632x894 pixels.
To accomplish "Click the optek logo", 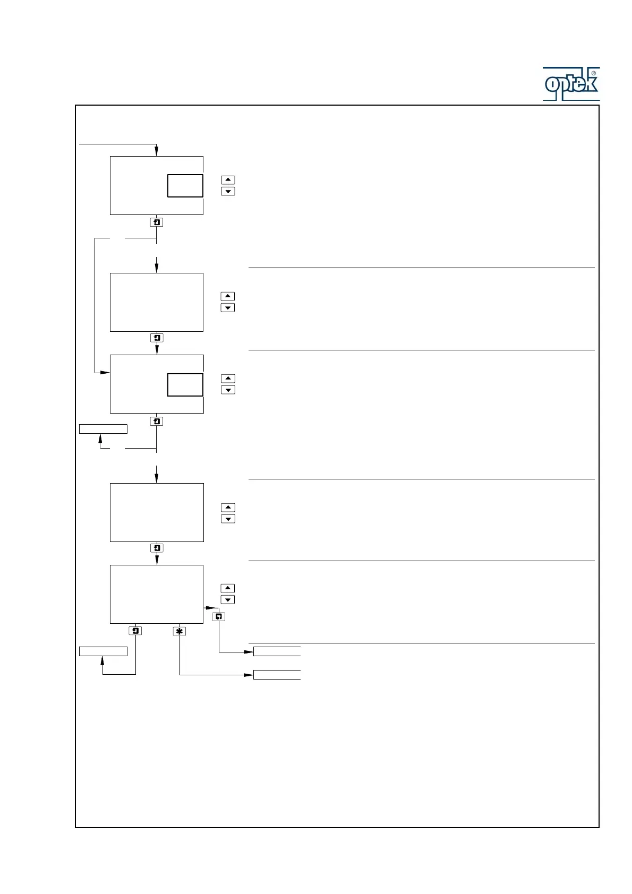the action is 571,84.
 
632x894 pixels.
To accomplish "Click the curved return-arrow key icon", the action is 218,617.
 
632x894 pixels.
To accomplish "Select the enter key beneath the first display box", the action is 157,222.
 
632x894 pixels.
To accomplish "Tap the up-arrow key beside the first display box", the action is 228,180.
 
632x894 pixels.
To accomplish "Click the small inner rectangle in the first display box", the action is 185,186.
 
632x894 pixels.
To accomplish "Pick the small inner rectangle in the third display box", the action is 185,385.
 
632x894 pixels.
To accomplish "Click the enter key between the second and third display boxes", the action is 157,338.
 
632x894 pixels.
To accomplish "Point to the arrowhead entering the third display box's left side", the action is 105,373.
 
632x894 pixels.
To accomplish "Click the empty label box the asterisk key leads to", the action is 277,675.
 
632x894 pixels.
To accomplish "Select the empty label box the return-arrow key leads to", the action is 277,651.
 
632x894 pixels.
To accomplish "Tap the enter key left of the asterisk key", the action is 135,631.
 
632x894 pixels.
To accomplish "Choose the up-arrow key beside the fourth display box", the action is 228,508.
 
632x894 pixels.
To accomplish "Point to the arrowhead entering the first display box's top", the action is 157,152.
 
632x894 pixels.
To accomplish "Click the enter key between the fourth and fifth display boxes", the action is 157,548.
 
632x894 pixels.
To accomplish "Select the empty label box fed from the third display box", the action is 103,429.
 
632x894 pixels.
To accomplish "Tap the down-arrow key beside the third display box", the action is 228,390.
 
